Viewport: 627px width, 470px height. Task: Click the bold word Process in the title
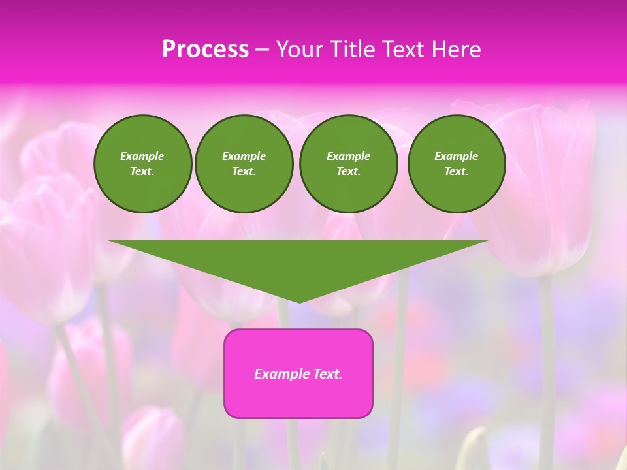click(x=205, y=50)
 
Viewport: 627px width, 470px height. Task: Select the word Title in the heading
click(x=351, y=50)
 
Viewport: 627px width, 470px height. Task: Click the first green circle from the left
click(x=142, y=164)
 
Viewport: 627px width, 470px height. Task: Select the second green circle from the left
click(x=244, y=164)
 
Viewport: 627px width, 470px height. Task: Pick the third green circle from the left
click(x=348, y=164)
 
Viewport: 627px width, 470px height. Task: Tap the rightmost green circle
click(x=456, y=164)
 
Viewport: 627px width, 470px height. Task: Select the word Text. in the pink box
click(x=327, y=374)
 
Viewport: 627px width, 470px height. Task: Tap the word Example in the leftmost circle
click(x=142, y=156)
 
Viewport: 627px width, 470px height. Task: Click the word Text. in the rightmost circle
click(x=456, y=172)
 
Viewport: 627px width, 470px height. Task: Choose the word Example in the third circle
click(x=348, y=156)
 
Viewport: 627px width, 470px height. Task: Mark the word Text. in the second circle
click(x=244, y=172)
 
